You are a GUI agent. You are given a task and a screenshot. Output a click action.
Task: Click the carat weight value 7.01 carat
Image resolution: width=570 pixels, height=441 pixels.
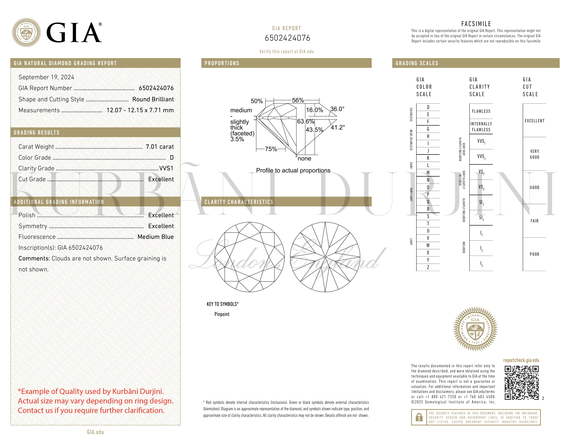click(159, 147)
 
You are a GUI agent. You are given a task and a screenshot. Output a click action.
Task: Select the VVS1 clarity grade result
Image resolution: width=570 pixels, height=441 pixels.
click(166, 168)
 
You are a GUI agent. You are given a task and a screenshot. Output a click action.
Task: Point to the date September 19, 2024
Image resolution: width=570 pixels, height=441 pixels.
click(46, 77)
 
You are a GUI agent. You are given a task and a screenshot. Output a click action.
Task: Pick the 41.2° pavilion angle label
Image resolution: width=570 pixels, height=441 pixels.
click(338, 127)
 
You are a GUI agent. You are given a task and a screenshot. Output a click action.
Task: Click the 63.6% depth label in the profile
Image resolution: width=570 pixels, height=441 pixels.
click(305, 121)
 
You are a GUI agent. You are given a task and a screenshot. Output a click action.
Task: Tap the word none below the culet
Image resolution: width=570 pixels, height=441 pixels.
click(304, 159)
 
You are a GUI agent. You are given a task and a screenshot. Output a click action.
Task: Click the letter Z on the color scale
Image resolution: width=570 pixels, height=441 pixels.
click(428, 267)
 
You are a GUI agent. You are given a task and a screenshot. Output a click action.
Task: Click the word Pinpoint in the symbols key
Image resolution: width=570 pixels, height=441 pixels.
click(222, 314)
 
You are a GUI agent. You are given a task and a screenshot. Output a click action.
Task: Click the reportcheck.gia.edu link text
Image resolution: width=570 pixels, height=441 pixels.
click(521, 360)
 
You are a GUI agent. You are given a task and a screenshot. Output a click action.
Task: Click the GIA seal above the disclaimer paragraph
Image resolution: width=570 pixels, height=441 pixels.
click(475, 329)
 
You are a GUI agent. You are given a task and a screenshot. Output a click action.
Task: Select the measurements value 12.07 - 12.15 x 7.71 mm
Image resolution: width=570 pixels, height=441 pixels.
click(140, 110)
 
